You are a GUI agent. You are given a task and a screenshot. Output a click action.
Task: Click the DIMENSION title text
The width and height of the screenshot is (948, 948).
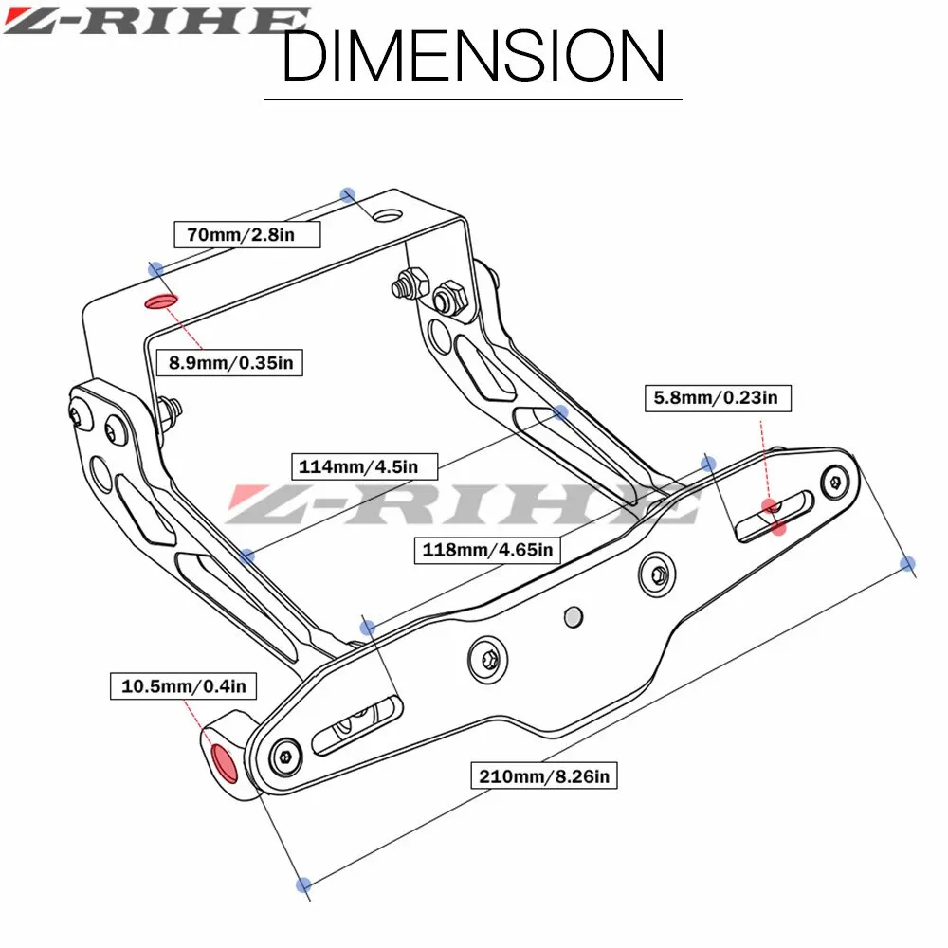pos(472,54)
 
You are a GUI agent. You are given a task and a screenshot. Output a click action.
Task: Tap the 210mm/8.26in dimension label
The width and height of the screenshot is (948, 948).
pos(545,776)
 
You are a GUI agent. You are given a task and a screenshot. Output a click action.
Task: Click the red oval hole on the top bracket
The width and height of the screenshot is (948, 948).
pos(159,301)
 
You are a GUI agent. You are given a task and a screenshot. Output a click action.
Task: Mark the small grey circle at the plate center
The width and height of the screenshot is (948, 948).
pos(572,616)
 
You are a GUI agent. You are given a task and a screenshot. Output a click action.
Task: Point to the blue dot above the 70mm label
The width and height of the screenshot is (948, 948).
pos(348,194)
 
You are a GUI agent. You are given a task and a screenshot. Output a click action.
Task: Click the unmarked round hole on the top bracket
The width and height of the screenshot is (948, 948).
pos(386,213)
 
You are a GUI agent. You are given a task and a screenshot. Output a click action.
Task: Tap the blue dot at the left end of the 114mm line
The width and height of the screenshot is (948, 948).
pos(246,556)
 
